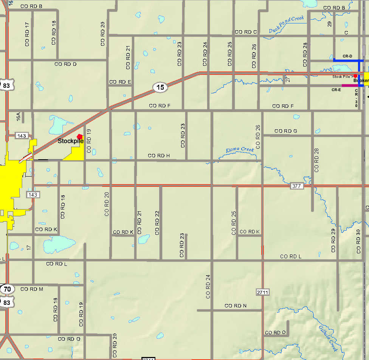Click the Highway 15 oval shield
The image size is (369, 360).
click(160, 87)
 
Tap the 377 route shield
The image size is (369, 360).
click(296, 186)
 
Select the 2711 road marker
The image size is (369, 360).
click(262, 292)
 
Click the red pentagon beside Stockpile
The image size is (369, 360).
click(79, 137)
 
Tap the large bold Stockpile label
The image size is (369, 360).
click(70, 141)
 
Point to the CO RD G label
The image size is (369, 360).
click(286, 131)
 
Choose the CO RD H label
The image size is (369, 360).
click(159, 156)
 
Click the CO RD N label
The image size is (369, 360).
click(236, 306)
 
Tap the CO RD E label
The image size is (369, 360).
click(120, 82)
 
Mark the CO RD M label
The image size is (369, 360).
click(32, 289)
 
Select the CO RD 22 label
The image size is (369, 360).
click(157, 223)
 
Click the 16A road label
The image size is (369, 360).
click(18, 116)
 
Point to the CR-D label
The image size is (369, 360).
click(347, 56)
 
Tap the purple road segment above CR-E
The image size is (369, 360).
click(348, 85)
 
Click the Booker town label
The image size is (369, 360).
click(361, 81)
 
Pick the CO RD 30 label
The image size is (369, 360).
click(359, 241)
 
